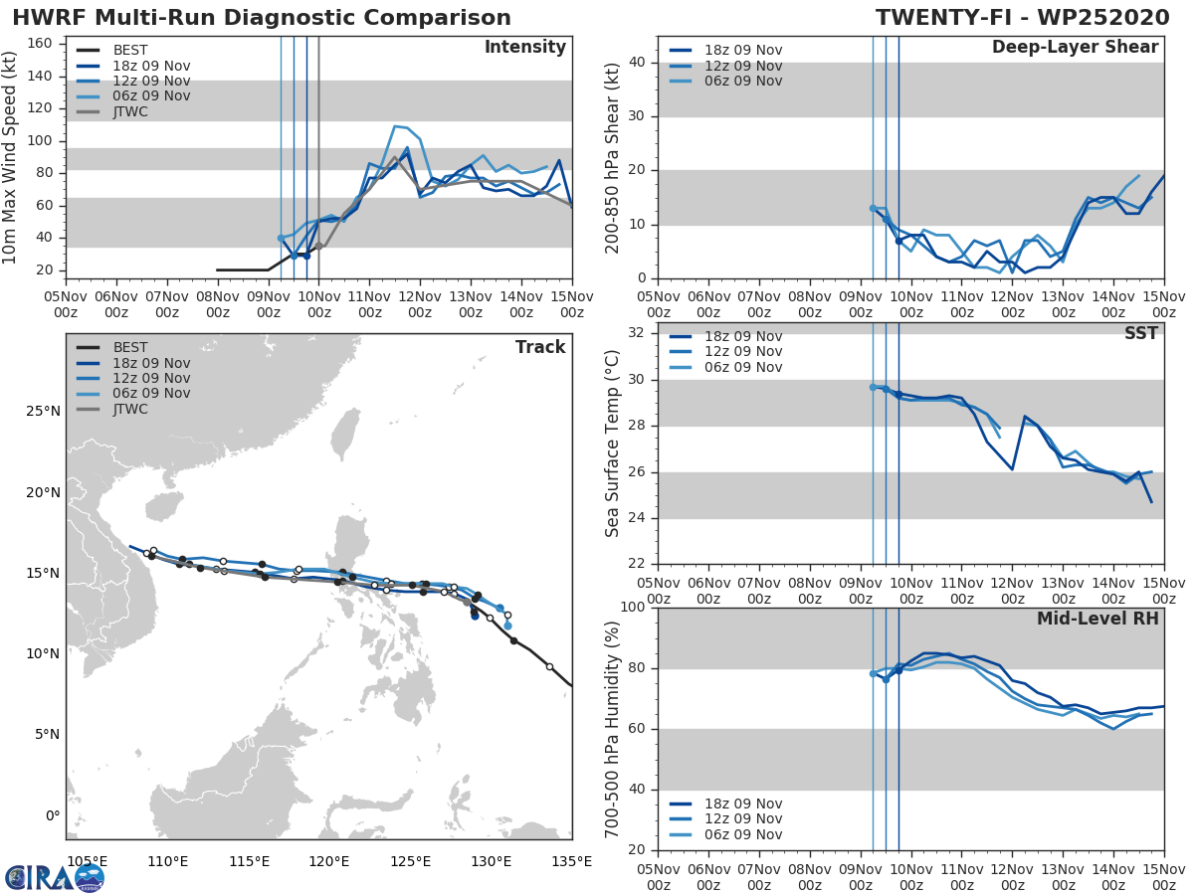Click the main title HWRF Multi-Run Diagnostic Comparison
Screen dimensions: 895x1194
(x=262, y=18)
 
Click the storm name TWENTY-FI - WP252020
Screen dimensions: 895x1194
(x=1022, y=18)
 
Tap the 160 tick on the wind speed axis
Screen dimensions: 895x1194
(x=46, y=44)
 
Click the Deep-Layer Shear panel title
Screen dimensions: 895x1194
(x=1075, y=48)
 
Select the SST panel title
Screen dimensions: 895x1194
(x=1140, y=333)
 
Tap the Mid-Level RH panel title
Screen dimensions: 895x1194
(x=1096, y=619)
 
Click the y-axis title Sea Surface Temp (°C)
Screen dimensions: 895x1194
(x=613, y=444)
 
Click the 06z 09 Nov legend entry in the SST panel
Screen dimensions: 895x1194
(x=742, y=367)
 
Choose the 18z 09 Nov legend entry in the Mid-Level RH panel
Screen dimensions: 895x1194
(x=742, y=804)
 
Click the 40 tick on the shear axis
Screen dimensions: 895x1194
(x=639, y=62)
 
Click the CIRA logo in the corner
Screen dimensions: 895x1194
(x=55, y=877)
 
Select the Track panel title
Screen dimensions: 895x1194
(x=539, y=347)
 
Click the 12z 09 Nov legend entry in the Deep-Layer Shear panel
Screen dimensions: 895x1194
(x=742, y=66)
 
